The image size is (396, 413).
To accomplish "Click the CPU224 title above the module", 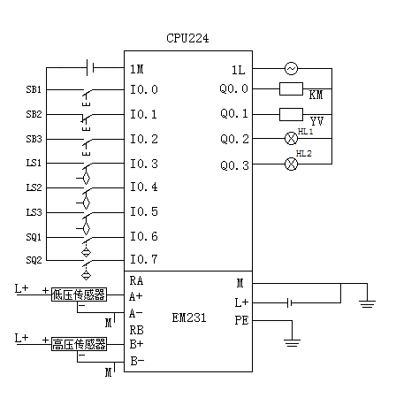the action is click(187, 38).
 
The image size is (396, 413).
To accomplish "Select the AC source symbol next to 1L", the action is click(291, 69).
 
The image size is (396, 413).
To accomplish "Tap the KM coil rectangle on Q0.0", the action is click(291, 89).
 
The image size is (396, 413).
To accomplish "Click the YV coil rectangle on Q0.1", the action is click(291, 114).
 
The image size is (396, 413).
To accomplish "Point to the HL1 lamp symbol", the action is click(291, 138).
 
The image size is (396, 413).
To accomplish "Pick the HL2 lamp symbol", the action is click(291, 164).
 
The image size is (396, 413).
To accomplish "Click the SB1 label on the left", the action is click(34, 89).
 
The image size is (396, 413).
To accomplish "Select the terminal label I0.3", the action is click(144, 164).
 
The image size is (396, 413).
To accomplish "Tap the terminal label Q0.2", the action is click(234, 139).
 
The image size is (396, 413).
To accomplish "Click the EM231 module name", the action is click(189, 317).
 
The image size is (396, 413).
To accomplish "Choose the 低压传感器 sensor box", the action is click(79, 294).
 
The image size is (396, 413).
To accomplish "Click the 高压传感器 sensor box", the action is click(79, 344).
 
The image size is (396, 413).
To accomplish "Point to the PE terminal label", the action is click(241, 320).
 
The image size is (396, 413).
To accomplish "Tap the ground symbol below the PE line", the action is click(292, 343).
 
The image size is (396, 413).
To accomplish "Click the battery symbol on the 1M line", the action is click(90, 67).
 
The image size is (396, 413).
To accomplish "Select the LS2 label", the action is click(34, 187).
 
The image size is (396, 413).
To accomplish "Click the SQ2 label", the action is click(34, 260).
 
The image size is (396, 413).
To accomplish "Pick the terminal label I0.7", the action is click(144, 259).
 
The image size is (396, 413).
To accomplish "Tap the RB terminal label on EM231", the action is click(136, 330).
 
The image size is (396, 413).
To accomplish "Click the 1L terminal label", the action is click(239, 70).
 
